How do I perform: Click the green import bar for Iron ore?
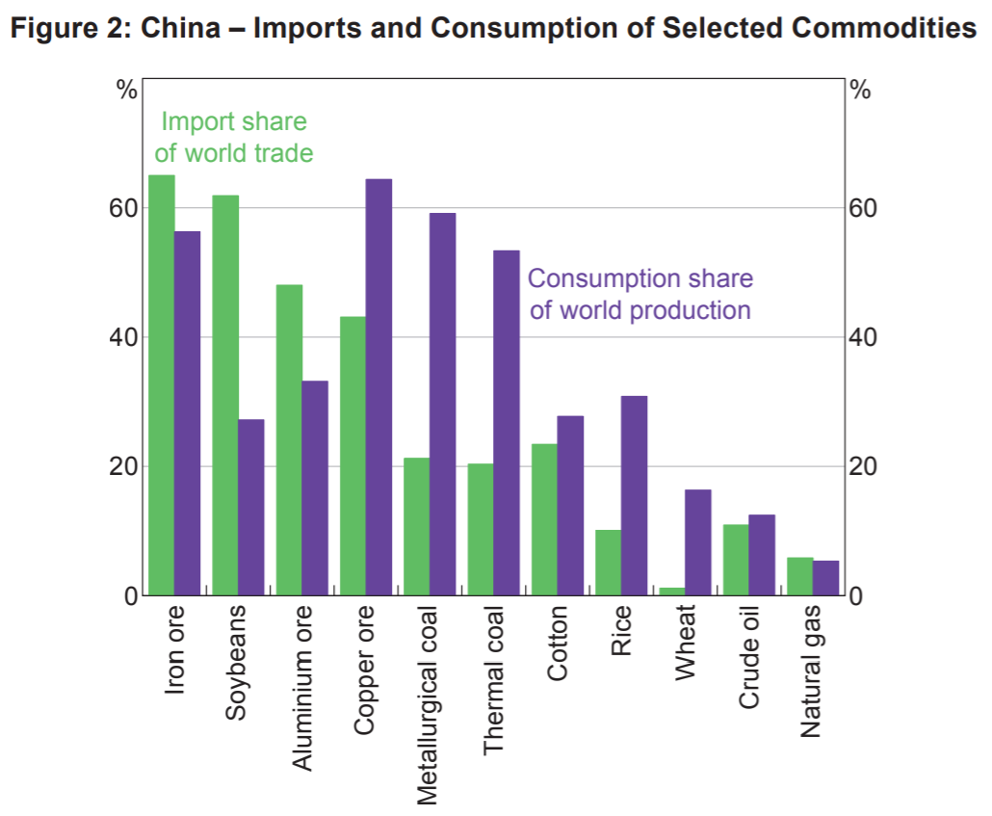coord(161,385)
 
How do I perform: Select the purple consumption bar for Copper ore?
coord(379,386)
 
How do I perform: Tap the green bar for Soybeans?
coord(224,395)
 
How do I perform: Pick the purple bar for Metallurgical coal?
coord(442,404)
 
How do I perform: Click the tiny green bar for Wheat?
coord(672,591)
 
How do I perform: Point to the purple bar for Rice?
coord(634,495)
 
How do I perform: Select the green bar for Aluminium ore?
coord(289,439)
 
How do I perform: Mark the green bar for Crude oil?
coord(736,560)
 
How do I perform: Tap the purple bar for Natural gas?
coord(826,578)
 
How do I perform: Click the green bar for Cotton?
coord(544,519)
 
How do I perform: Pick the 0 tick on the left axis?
coord(126,595)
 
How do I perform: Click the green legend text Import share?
coord(234,122)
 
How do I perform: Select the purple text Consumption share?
coord(640,278)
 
